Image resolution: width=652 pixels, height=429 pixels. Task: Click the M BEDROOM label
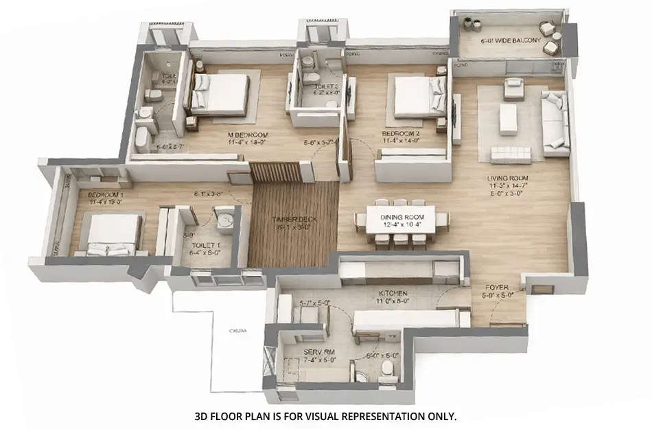click(247, 135)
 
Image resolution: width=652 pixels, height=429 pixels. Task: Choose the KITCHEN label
click(393, 292)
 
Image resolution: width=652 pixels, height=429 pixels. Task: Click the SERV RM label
click(318, 353)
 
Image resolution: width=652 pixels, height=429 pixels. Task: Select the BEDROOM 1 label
click(105, 195)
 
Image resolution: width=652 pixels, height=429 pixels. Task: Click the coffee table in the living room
click(508, 118)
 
